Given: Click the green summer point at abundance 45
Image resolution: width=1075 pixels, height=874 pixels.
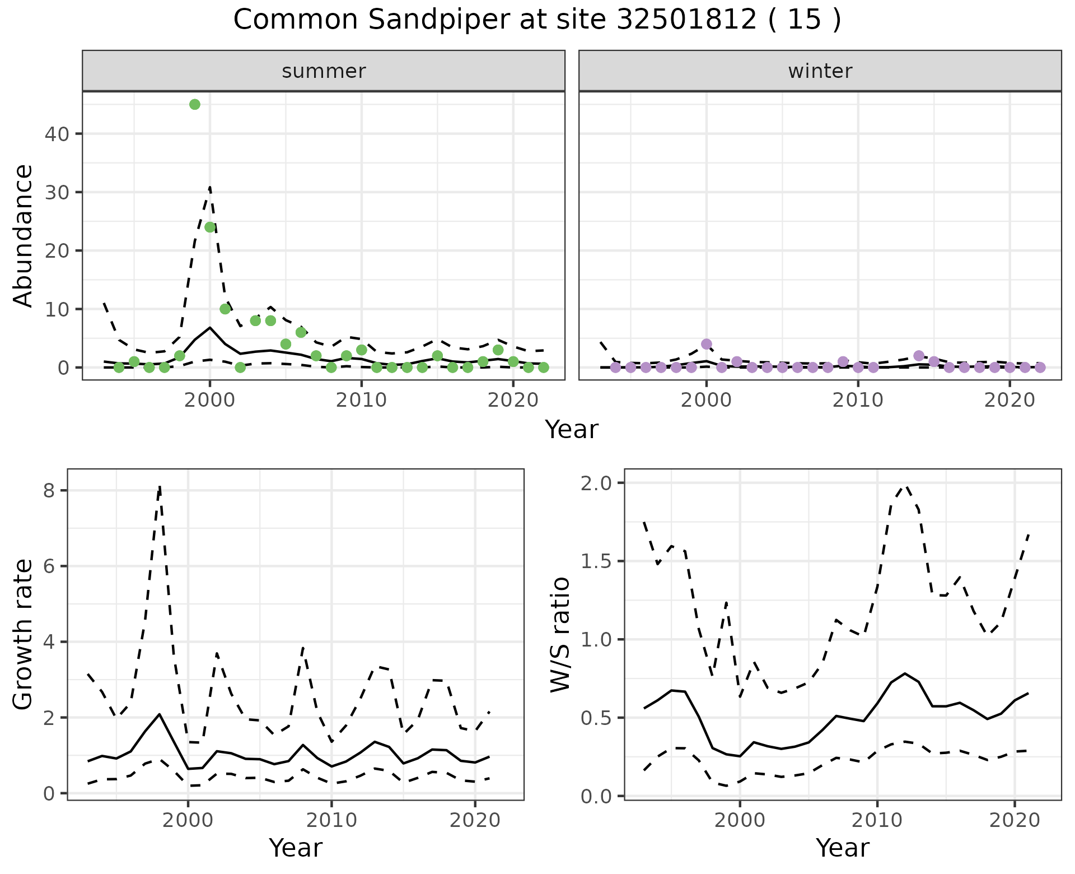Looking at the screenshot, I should pos(195,104).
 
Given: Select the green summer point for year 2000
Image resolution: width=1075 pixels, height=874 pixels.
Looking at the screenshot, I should pos(210,227).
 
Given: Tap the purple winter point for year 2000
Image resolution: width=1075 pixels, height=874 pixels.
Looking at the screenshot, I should pos(707,344).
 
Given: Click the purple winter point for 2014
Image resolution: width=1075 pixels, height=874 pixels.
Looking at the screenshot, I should pos(919,356).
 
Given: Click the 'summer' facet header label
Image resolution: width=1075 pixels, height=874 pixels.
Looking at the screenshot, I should pos(324,71).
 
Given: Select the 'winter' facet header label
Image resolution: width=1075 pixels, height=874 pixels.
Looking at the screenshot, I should pos(820,71).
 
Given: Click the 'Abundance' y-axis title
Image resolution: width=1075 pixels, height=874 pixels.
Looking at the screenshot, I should pos(24,235).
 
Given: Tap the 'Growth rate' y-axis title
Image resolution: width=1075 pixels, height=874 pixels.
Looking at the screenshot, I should pos(24,635).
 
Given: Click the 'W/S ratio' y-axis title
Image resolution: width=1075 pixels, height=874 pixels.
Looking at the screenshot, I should pos(560,635).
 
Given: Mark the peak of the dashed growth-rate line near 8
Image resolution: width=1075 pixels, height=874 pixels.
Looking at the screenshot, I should pos(160,486).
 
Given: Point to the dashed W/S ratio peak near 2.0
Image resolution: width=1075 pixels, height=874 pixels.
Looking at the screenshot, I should pos(905,486).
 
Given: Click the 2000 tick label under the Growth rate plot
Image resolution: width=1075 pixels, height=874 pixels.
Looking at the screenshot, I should pos(188,821).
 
